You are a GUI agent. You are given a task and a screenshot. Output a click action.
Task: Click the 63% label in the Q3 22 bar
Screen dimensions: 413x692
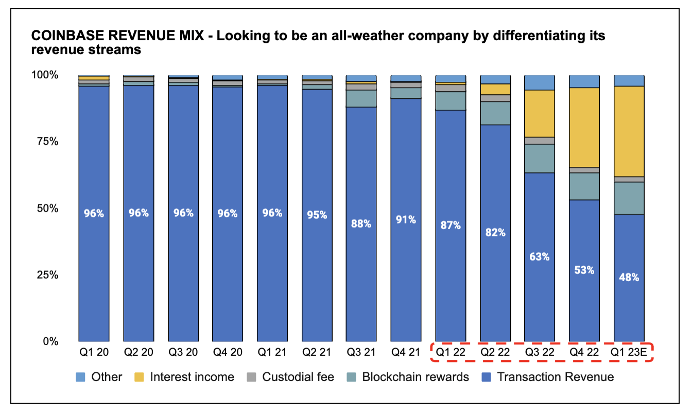[x=539, y=256]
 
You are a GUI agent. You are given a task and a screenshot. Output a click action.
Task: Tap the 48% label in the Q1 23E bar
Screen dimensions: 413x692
[x=629, y=277]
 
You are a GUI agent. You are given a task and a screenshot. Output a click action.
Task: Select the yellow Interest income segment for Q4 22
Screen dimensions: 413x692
[x=584, y=127]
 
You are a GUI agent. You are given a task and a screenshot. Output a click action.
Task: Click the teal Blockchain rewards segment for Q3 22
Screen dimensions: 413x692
[x=539, y=158]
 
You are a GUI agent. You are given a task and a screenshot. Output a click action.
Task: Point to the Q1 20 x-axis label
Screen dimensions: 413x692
[x=93, y=353]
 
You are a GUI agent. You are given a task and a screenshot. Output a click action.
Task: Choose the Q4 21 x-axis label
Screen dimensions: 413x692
[x=406, y=353]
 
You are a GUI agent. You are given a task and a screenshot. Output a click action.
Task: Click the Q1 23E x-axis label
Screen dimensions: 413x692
[x=629, y=353]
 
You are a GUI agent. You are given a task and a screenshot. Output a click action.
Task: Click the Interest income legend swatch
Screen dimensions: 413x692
[x=139, y=377]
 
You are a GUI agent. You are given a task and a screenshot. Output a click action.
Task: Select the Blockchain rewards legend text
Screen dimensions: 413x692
[x=416, y=377]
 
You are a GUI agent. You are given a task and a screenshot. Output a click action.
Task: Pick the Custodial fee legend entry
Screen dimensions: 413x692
[x=298, y=377]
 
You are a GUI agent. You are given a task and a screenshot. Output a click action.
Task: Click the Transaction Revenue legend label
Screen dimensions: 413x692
[x=555, y=377]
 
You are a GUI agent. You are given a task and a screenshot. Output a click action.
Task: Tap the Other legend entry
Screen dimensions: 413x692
[x=107, y=377]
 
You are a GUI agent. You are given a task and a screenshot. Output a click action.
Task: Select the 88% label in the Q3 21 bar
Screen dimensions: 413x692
[x=361, y=223]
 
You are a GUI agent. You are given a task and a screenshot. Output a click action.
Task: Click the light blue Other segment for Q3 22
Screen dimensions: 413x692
[x=539, y=82]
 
